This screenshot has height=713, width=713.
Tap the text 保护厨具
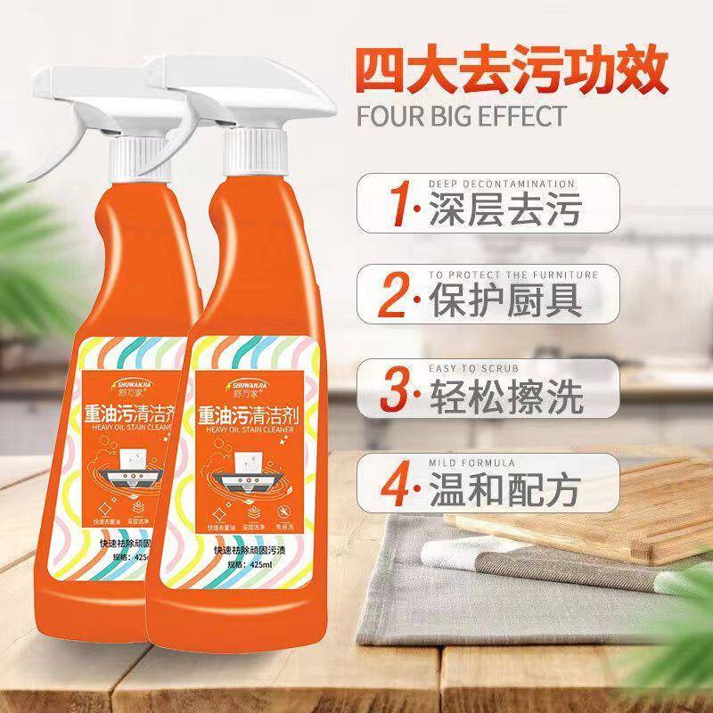(x=506, y=302)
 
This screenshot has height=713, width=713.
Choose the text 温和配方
(x=506, y=488)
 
